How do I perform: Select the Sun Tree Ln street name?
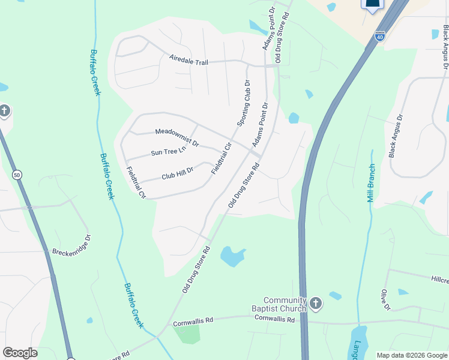[169, 152]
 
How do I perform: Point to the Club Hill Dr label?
[178, 174]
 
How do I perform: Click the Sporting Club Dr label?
[243, 103]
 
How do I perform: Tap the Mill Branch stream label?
[372, 183]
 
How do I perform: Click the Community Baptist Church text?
[285, 304]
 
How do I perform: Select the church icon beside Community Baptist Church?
[316, 304]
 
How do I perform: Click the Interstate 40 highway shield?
[379, 37]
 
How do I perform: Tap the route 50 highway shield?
[17, 175]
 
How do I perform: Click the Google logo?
[20, 353]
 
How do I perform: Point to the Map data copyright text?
[411, 355]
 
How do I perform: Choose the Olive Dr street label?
[384, 300]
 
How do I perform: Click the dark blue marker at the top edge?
[372, 5]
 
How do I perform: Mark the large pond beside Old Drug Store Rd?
[233, 257]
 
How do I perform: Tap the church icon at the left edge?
[5, 110]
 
